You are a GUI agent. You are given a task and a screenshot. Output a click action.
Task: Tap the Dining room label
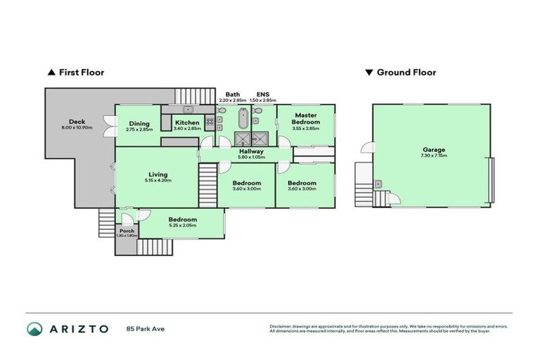point(139,124)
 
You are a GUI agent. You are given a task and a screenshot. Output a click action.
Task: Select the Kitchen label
point(187,123)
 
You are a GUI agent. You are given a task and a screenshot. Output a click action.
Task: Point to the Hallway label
point(251,151)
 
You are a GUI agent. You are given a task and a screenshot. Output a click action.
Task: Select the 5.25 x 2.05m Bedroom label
point(183,219)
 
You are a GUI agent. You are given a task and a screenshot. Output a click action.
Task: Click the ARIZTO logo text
point(78,328)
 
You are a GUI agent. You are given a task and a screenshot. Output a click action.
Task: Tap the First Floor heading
point(77,72)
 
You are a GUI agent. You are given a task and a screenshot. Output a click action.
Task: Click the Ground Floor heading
point(406,72)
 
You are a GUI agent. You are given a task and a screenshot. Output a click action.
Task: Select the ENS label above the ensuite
point(262,94)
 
